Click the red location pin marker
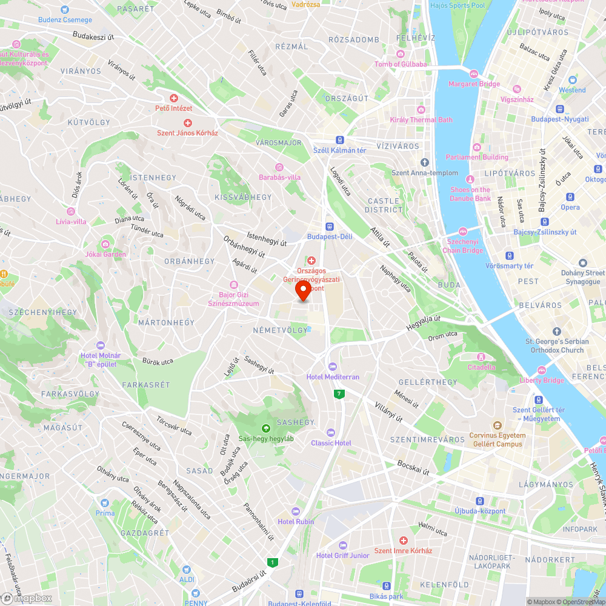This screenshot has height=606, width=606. [303, 291]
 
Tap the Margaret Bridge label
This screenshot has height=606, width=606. [474, 84]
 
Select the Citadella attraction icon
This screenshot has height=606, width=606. [482, 356]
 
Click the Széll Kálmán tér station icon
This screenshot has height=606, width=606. [340, 139]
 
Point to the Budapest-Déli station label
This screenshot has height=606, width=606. [330, 236]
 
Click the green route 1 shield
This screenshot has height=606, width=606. [273, 563]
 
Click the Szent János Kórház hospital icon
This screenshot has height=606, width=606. [187, 123]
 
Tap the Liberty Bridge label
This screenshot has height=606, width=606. [542, 381]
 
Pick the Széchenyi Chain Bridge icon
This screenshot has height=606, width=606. [462, 231]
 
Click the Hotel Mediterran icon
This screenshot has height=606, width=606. [332, 367]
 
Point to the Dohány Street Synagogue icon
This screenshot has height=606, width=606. [583, 263]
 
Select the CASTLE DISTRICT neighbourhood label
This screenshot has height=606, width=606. [384, 205]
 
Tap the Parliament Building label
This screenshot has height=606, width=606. [477, 157]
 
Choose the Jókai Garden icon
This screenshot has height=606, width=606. [105, 244]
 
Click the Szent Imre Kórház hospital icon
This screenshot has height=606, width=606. [403, 540]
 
